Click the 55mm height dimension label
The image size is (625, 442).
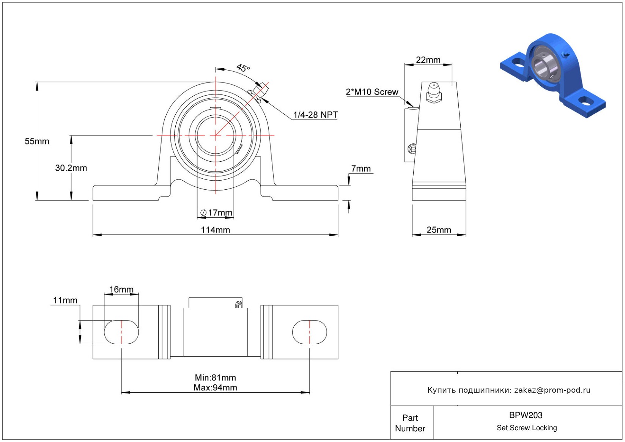[37, 141]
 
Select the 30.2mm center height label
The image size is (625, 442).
[71, 168]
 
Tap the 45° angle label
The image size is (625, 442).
[243, 68]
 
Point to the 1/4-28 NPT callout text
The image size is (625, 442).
[316, 115]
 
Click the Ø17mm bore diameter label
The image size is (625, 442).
[217, 212]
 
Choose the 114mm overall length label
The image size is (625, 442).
[216, 230]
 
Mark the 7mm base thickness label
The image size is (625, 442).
[361, 168]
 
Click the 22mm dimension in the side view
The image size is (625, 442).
[428, 60]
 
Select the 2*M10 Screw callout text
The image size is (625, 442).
[372, 92]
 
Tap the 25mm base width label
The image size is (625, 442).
[439, 230]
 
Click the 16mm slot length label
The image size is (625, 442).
[121, 289]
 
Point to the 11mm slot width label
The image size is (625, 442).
[65, 300]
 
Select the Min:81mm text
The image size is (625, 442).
[216, 378]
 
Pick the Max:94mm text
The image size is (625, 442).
[216, 388]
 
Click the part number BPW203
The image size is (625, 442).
[526, 415]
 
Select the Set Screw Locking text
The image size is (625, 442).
[527, 428]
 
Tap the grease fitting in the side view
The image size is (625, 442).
[434, 93]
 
